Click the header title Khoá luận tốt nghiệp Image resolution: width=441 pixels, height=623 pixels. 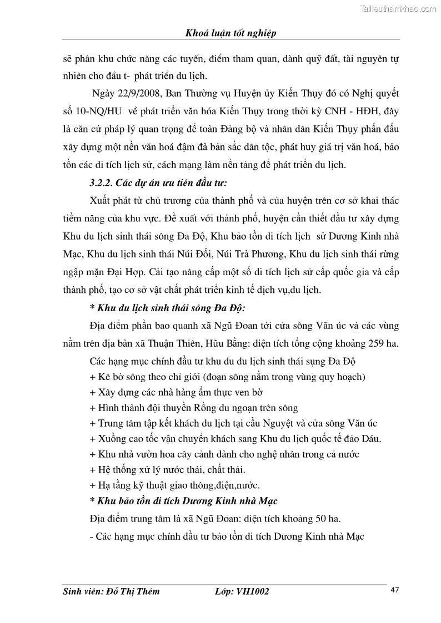(230, 33)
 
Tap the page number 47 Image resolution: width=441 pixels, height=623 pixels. (395, 590)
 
